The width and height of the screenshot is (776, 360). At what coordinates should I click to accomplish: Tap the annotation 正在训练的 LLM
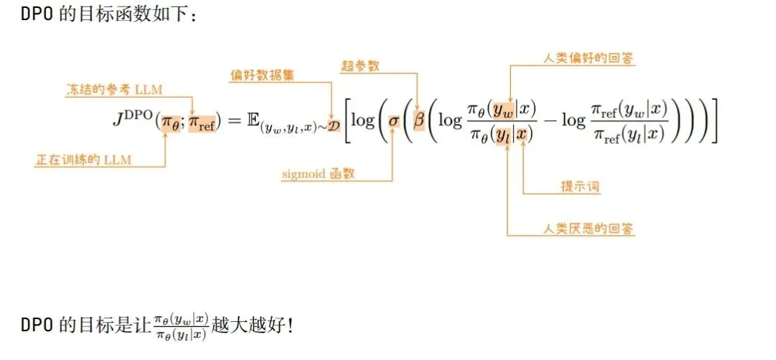[x=83, y=160]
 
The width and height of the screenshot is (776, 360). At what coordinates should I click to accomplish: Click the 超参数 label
[x=360, y=66]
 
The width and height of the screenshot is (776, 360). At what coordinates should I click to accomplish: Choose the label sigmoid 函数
[x=322, y=173]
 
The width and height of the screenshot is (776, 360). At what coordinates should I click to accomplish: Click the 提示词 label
[x=580, y=187]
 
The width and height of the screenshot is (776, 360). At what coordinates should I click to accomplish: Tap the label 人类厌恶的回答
[x=589, y=229]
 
